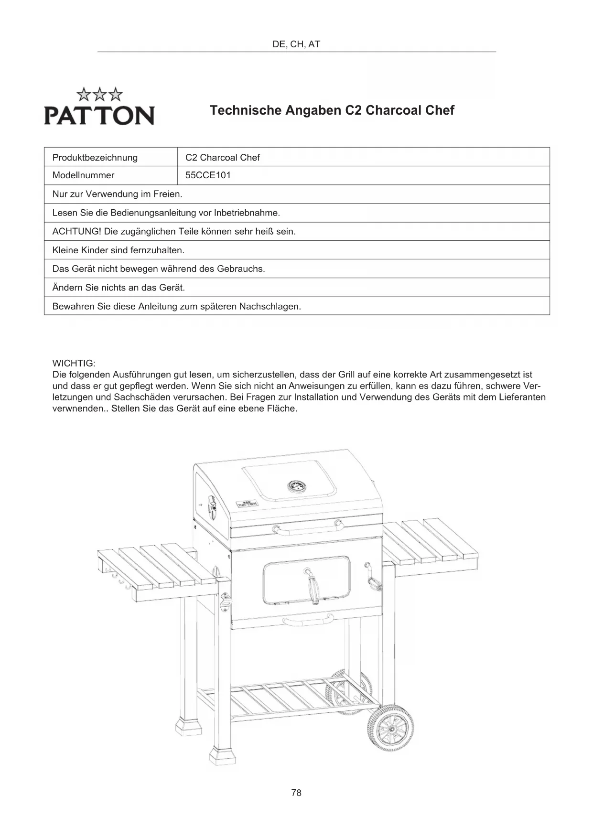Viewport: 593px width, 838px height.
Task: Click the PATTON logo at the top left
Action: (x=99, y=108)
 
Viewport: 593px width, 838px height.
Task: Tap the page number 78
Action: (x=296, y=793)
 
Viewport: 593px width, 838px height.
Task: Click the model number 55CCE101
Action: (x=208, y=175)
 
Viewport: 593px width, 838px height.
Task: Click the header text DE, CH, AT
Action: (x=296, y=44)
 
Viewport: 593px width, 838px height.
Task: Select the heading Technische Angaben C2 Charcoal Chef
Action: (x=332, y=110)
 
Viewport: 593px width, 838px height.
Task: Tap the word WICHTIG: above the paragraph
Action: (x=74, y=363)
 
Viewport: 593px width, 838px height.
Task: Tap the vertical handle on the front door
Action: (x=314, y=587)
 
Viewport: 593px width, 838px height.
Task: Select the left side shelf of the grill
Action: (x=158, y=571)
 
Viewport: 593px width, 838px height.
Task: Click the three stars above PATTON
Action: (x=99, y=94)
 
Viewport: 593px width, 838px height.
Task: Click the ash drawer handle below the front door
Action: (x=308, y=621)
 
